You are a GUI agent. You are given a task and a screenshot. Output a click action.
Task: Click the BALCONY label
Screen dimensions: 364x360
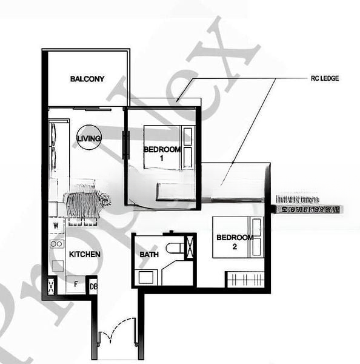[87, 79]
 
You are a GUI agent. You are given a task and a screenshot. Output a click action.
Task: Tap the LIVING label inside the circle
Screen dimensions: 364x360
[88, 140]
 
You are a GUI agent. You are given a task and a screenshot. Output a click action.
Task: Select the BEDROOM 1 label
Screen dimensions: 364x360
[162, 153]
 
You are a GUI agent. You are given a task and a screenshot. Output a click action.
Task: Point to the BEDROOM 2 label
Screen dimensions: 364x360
[234, 241]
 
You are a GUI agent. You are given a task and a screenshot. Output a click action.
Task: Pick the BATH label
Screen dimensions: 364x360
[149, 255]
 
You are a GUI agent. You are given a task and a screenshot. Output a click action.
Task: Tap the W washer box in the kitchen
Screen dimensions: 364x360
[56, 226]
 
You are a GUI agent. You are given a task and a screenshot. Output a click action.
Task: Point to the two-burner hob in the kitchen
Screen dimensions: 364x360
[57, 244]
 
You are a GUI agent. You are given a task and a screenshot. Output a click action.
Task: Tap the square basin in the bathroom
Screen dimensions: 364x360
[147, 277]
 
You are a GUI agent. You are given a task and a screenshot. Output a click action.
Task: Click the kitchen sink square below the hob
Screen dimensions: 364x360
[56, 265]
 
